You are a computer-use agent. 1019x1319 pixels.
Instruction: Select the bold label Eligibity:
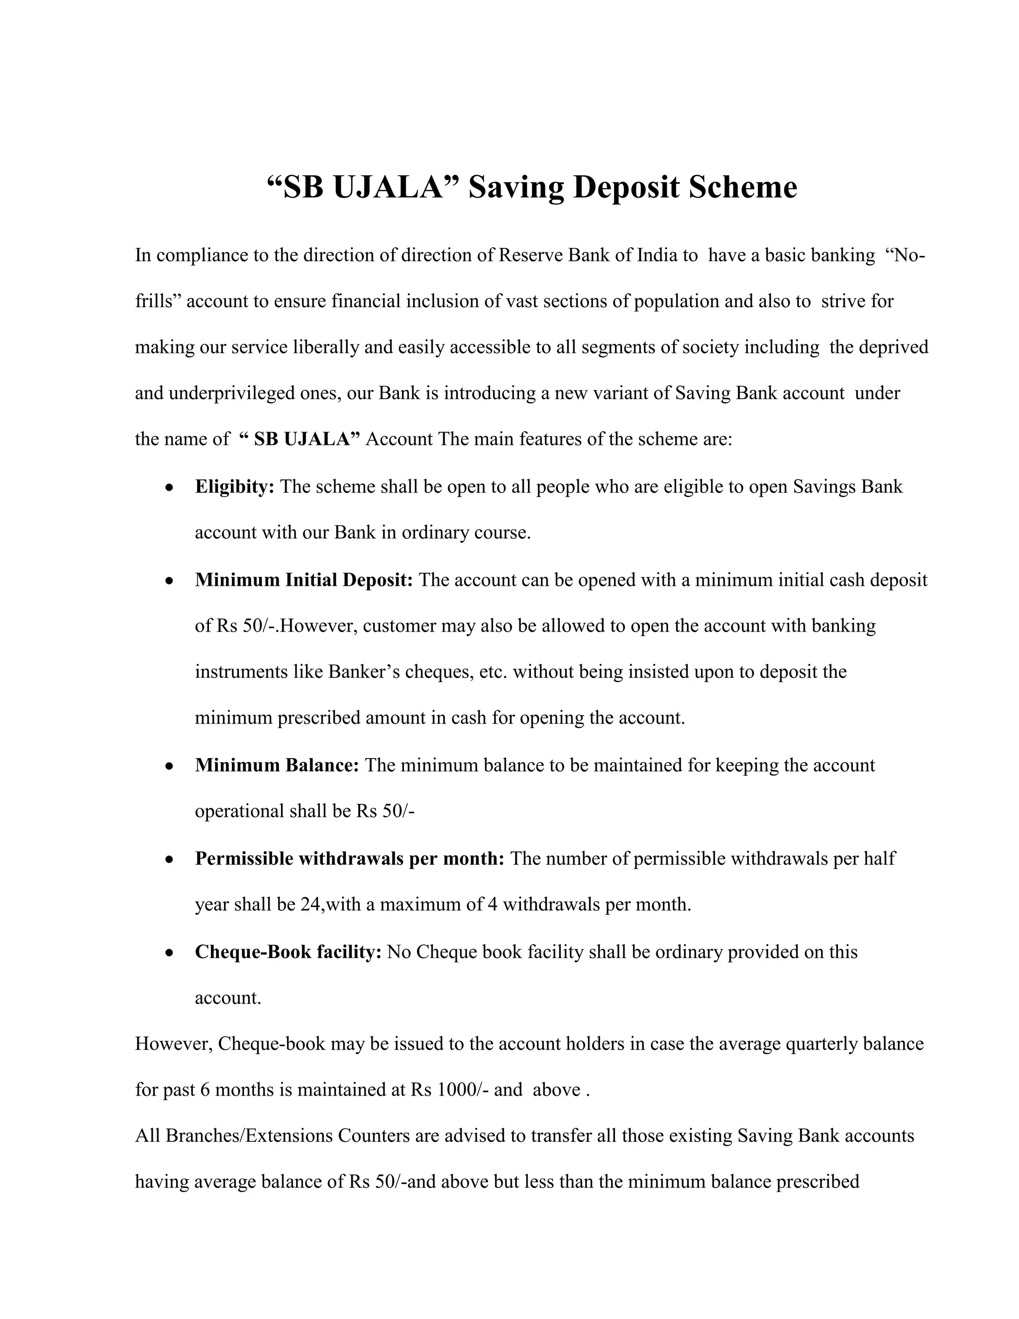[234, 487]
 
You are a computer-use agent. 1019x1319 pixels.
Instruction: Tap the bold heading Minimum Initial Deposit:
[304, 580]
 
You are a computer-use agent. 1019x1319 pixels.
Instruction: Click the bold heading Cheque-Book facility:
[288, 952]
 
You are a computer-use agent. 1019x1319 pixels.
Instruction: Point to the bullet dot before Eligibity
[170, 487]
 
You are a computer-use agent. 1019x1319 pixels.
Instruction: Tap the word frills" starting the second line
[158, 301]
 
